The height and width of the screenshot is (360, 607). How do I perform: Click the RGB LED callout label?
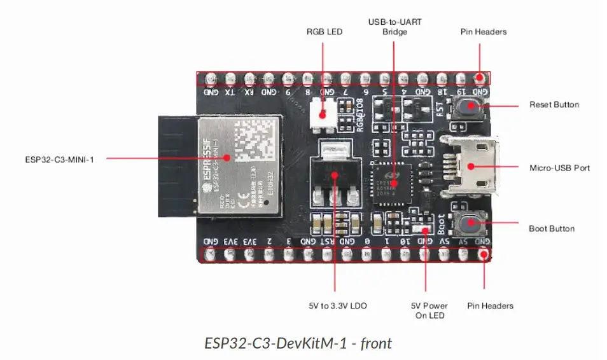pyautogui.click(x=324, y=31)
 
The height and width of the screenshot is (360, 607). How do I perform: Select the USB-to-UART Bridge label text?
pyautogui.click(x=394, y=27)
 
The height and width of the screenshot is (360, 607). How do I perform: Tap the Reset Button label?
pyautogui.click(x=554, y=104)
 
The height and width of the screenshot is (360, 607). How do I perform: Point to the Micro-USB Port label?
pyautogui.click(x=559, y=168)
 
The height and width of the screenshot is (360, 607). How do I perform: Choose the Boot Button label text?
pyautogui.click(x=552, y=228)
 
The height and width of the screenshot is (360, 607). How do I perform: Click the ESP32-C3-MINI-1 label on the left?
pyautogui.click(x=55, y=160)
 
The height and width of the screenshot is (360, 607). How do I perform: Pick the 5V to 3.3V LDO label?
pyautogui.click(x=337, y=306)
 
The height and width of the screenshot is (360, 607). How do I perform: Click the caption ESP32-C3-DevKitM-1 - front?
pyautogui.click(x=298, y=343)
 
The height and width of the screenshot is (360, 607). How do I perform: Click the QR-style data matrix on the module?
pyautogui.click(x=256, y=141)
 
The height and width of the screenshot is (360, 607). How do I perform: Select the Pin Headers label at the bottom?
pyautogui.click(x=490, y=306)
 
